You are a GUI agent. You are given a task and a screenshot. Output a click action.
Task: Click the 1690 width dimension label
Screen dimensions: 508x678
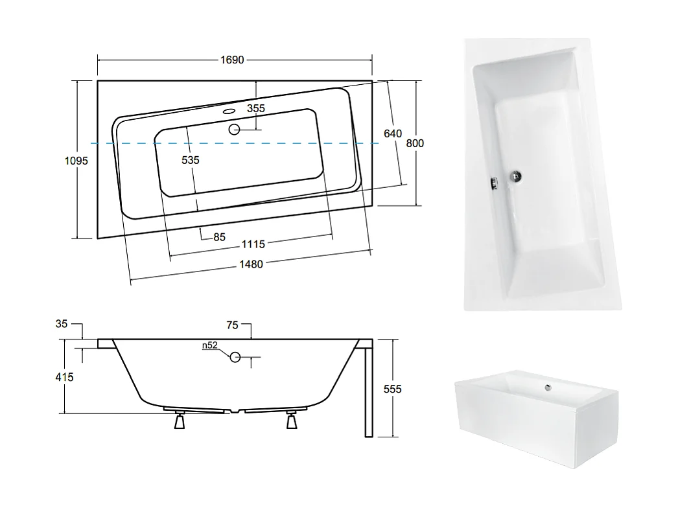click(231, 60)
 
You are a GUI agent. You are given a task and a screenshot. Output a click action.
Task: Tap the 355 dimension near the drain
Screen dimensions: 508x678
click(256, 109)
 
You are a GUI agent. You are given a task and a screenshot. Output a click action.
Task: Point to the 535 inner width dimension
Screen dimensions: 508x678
click(191, 159)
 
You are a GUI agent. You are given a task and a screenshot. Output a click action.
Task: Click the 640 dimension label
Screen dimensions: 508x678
click(393, 133)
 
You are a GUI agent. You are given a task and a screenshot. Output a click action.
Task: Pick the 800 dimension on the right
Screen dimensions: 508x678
click(415, 143)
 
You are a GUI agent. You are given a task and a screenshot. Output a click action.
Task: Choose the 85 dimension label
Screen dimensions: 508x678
click(219, 237)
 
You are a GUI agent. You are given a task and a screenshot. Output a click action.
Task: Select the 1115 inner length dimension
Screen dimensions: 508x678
click(253, 244)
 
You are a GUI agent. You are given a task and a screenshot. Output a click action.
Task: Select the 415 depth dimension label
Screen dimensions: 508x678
click(65, 376)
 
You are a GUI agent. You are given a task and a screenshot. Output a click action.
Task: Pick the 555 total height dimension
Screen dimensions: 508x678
click(392, 389)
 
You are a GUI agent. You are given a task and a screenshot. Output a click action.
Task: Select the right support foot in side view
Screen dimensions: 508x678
click(292, 421)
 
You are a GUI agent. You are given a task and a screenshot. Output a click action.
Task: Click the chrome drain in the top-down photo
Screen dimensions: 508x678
click(517, 176)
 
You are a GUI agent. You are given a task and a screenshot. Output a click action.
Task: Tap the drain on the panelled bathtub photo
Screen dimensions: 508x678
click(548, 387)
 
